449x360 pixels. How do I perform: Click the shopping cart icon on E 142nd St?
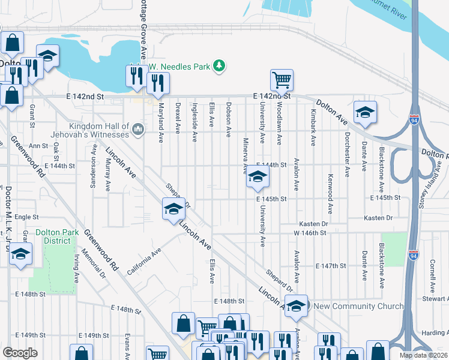[x=282, y=80]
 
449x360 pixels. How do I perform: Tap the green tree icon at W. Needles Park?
[x=220, y=65]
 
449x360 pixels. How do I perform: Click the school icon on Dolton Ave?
[x=365, y=112]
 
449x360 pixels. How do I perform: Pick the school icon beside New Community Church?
[x=296, y=306]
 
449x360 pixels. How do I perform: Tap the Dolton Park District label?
[x=53, y=236]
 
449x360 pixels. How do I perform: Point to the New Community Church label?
[x=359, y=307]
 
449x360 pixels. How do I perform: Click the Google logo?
[x=20, y=353]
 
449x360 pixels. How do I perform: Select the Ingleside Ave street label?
[x=194, y=122]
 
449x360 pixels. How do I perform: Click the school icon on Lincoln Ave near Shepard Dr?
[x=173, y=209]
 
